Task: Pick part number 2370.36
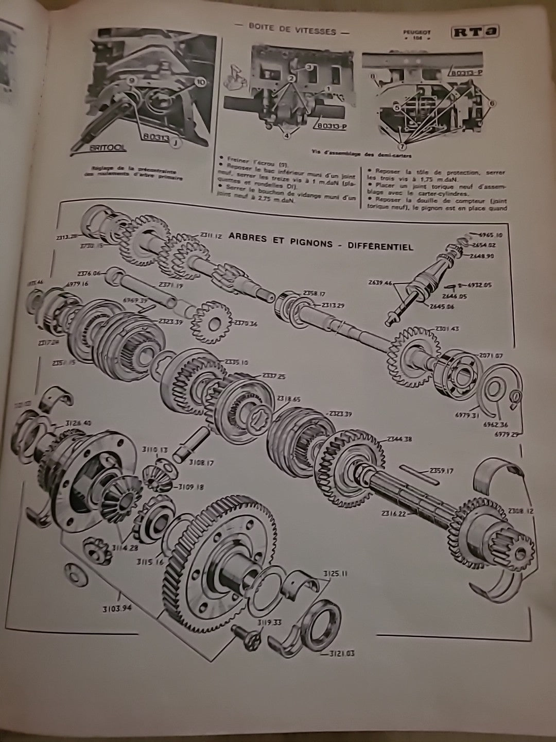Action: click(x=245, y=323)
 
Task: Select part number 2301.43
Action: click(x=449, y=329)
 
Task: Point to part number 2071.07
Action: click(x=491, y=356)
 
